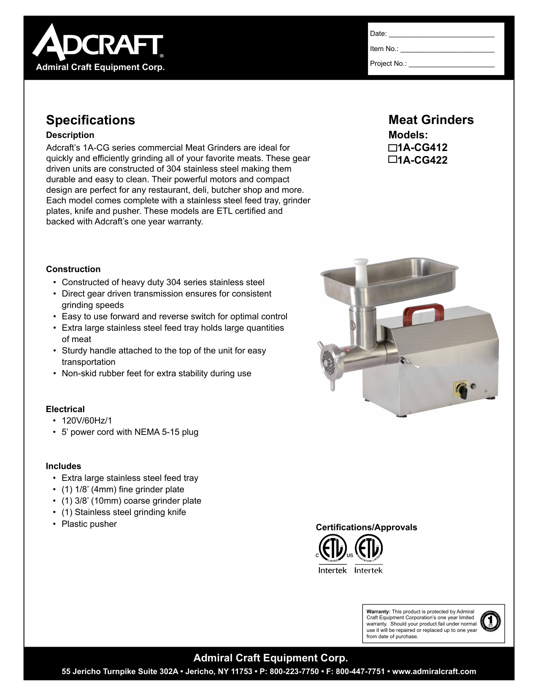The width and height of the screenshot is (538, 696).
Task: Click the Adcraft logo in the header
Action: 98,42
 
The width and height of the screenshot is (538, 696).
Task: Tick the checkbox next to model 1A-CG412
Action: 392,148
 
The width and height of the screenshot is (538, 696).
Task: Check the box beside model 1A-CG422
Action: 392,160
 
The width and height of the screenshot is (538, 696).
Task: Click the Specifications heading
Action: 90,120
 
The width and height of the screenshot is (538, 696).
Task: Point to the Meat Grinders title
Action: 431,120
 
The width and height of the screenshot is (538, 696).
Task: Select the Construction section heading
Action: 73,269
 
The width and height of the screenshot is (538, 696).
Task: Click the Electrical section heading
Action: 65,409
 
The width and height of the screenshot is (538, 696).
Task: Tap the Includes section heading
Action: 63,466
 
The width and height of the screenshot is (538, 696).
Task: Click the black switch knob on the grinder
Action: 463,392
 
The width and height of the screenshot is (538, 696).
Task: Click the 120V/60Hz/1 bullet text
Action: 87,421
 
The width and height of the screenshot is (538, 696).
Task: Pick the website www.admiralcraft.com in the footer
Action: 434,672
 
